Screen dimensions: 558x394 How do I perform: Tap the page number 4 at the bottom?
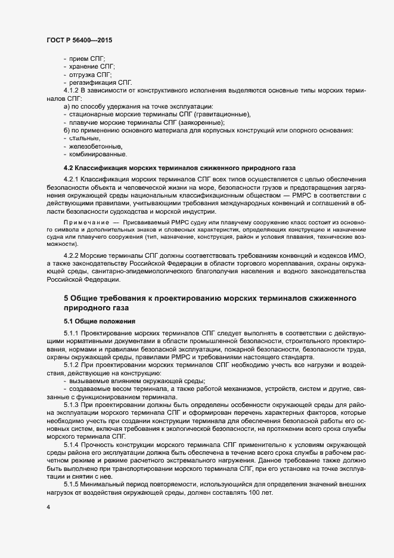tap(48, 507)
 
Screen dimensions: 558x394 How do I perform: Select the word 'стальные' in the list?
tap(85, 138)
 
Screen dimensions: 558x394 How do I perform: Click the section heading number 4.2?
tap(69, 168)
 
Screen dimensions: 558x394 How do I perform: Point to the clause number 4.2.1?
tap(72, 180)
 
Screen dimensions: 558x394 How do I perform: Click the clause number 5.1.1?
tap(72, 332)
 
